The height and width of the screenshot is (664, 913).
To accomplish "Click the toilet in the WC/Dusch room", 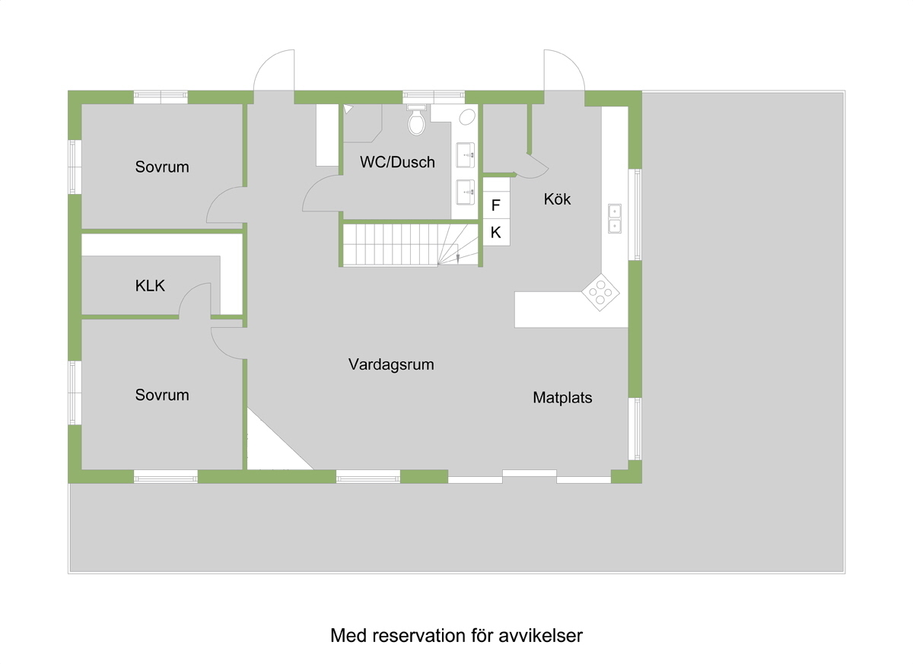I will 416,122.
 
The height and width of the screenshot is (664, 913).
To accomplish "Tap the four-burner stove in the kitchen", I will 601,293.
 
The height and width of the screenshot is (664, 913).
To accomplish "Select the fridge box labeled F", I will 496,205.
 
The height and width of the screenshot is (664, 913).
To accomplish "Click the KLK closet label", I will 150,286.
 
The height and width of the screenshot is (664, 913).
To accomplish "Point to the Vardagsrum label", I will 391,364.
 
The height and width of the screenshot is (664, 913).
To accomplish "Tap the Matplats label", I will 562,397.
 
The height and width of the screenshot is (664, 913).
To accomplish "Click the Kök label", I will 557,199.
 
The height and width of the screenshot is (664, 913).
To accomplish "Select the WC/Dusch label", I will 397,162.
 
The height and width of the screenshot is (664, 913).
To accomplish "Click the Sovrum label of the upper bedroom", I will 162,167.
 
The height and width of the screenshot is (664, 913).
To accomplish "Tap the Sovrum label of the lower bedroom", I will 162,395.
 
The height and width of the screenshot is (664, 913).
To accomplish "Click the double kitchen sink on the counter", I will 614,218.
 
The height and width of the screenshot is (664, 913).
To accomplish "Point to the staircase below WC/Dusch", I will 403,244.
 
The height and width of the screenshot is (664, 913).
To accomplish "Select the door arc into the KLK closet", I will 195,297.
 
